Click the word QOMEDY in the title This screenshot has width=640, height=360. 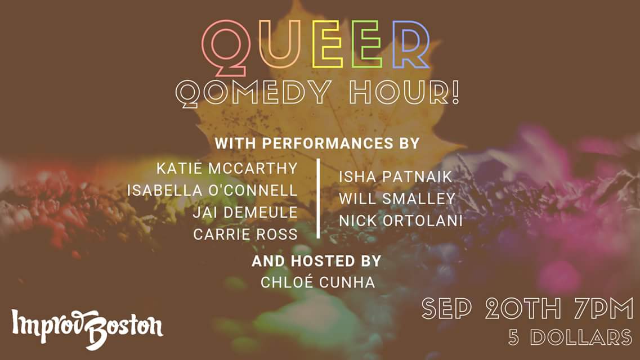click(x=253, y=93)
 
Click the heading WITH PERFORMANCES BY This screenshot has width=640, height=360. click(x=317, y=143)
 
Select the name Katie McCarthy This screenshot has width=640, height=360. click(x=227, y=168)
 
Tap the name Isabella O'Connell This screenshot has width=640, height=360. click(x=212, y=190)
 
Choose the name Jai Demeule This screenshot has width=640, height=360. click(x=245, y=213)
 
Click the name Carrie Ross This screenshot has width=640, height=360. click(x=245, y=235)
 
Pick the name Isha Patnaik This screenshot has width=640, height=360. click(x=395, y=177)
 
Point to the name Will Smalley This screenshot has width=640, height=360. click(x=397, y=199)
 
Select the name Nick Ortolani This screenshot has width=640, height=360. click(x=400, y=221)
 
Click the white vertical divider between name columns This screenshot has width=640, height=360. click(x=319, y=199)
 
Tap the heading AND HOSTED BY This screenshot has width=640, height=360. click(x=316, y=261)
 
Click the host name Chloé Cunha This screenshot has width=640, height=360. click(x=317, y=282)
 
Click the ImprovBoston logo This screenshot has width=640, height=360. click(x=87, y=328)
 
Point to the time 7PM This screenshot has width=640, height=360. click(x=603, y=309)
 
